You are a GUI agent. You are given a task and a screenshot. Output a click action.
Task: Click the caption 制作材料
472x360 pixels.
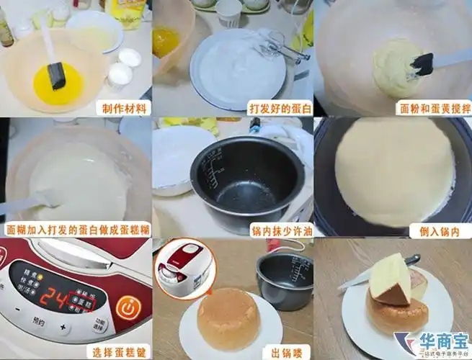point(125,109)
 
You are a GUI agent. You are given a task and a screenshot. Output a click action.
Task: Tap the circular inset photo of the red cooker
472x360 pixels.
point(185,266)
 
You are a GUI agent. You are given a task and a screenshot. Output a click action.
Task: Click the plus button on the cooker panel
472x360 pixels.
point(64,330)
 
